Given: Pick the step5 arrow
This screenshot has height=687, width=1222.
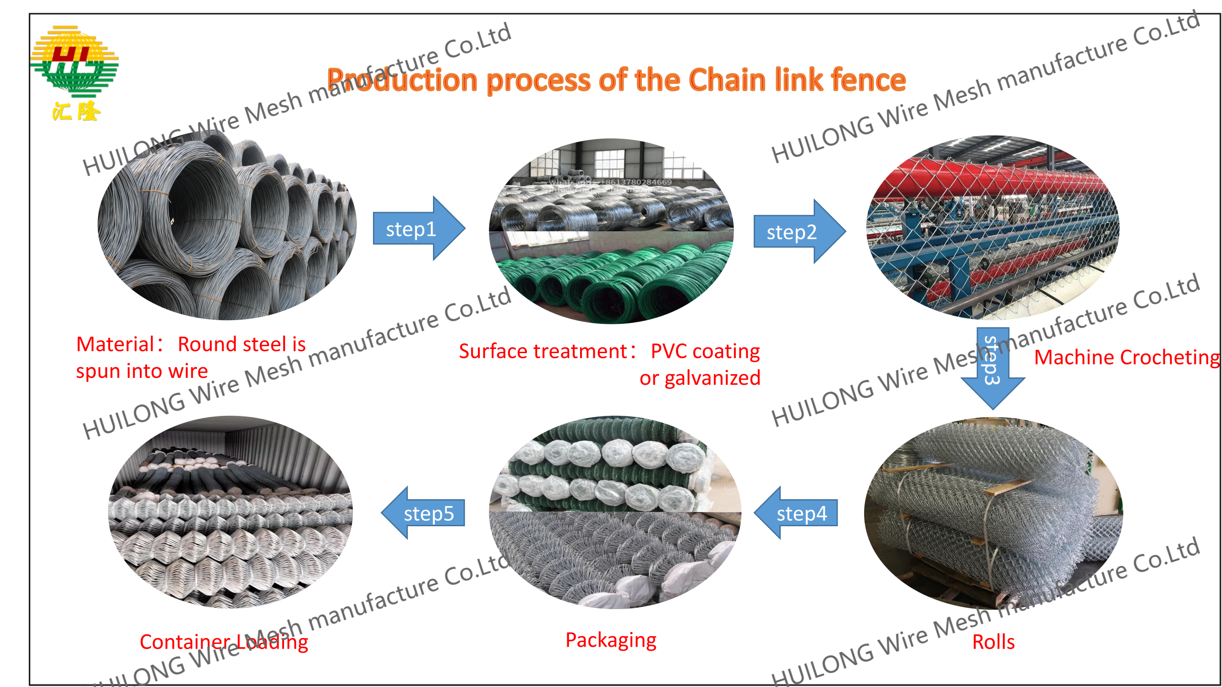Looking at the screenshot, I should (424, 513).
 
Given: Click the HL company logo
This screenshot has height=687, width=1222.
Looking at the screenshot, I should (75, 62).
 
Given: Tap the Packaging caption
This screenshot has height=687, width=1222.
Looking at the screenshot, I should (610, 640).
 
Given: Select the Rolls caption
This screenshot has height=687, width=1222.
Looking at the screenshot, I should (993, 642).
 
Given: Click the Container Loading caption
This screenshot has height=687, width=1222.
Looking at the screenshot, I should (224, 642).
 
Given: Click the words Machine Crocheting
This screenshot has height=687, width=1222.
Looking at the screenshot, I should (1126, 358).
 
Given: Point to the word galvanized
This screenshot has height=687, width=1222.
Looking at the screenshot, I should (712, 378).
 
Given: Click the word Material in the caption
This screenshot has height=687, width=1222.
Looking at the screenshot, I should (115, 344).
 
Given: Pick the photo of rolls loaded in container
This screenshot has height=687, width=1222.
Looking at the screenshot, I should (230, 512).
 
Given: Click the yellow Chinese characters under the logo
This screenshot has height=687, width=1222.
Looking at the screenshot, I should (76, 111).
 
